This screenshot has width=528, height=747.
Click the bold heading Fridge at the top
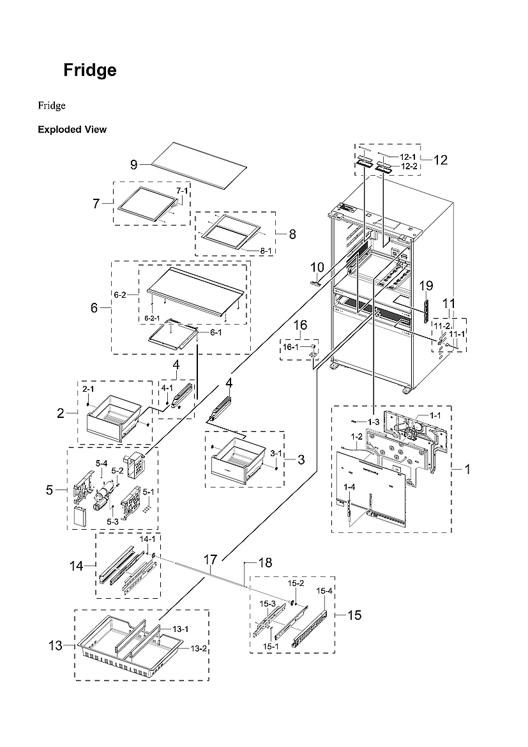click(x=89, y=70)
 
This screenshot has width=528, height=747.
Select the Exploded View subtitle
click(x=72, y=130)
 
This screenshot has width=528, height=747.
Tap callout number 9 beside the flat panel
click(x=134, y=165)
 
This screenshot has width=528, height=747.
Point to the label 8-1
click(x=266, y=251)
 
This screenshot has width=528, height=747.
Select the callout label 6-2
click(x=120, y=295)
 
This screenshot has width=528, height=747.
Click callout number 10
click(x=317, y=266)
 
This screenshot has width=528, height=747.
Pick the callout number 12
click(x=441, y=160)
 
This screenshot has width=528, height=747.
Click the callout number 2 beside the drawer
click(x=61, y=413)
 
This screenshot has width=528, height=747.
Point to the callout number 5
click(x=50, y=491)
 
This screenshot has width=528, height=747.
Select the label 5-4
click(x=102, y=463)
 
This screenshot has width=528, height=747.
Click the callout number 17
click(x=211, y=560)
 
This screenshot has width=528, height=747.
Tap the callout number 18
click(x=264, y=562)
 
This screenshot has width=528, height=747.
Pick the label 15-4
click(x=325, y=591)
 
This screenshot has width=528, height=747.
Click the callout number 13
click(x=56, y=645)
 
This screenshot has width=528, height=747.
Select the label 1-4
click(x=349, y=487)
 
